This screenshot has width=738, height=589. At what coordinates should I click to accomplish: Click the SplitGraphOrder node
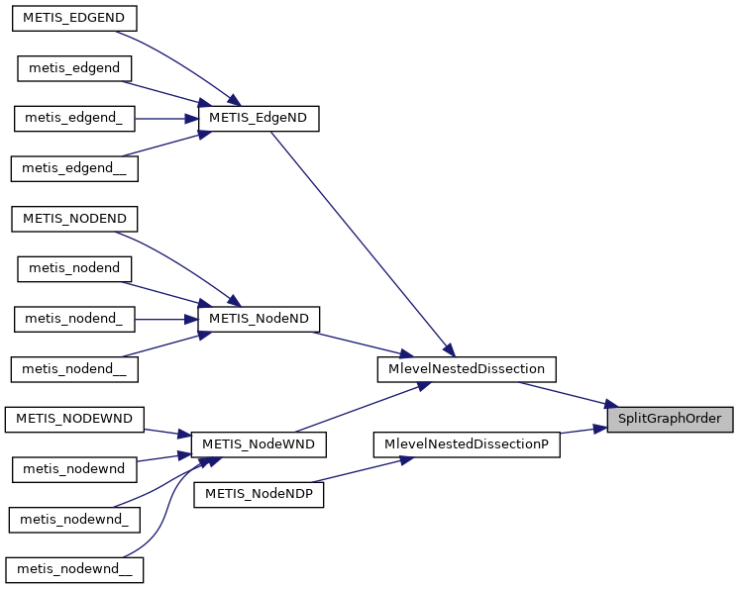pos(670,419)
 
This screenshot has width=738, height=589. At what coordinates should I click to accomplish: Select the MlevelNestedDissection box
pos(467,369)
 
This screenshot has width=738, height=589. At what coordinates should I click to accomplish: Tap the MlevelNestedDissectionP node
pos(467,444)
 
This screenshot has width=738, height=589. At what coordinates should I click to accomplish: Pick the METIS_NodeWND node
pos(258,444)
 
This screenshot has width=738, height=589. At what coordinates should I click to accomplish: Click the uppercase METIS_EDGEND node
pos(74,19)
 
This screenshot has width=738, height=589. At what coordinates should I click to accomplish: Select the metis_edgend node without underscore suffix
pos(74,68)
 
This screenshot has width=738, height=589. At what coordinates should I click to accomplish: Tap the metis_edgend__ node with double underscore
pos(74,168)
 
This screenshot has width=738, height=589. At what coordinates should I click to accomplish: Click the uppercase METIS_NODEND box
pos(74,218)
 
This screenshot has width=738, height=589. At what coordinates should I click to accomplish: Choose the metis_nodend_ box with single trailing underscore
pos(74,319)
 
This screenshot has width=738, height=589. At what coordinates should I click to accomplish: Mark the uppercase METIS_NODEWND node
pos(74,419)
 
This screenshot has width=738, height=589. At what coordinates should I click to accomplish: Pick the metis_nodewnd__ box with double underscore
pos(74,570)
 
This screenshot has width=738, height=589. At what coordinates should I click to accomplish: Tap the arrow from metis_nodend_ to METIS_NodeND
pos(165,319)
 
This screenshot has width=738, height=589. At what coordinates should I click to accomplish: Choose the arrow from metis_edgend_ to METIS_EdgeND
pos(166,118)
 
